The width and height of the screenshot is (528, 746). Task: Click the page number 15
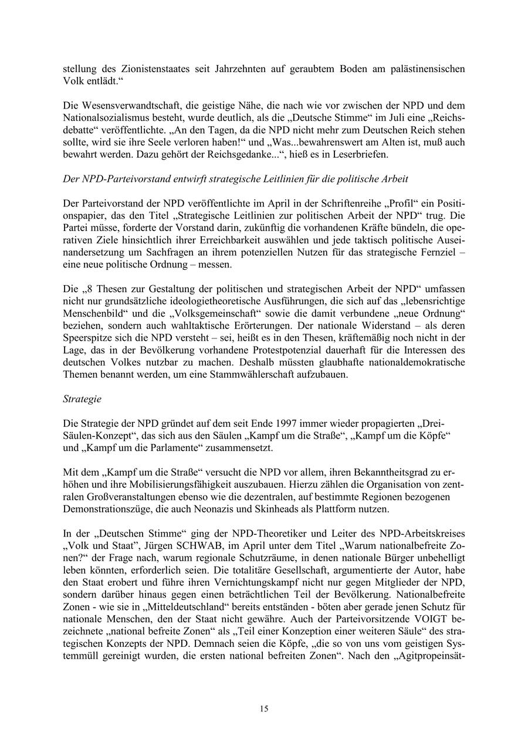[x=264, y=708]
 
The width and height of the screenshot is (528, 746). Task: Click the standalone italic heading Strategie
[x=82, y=399]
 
